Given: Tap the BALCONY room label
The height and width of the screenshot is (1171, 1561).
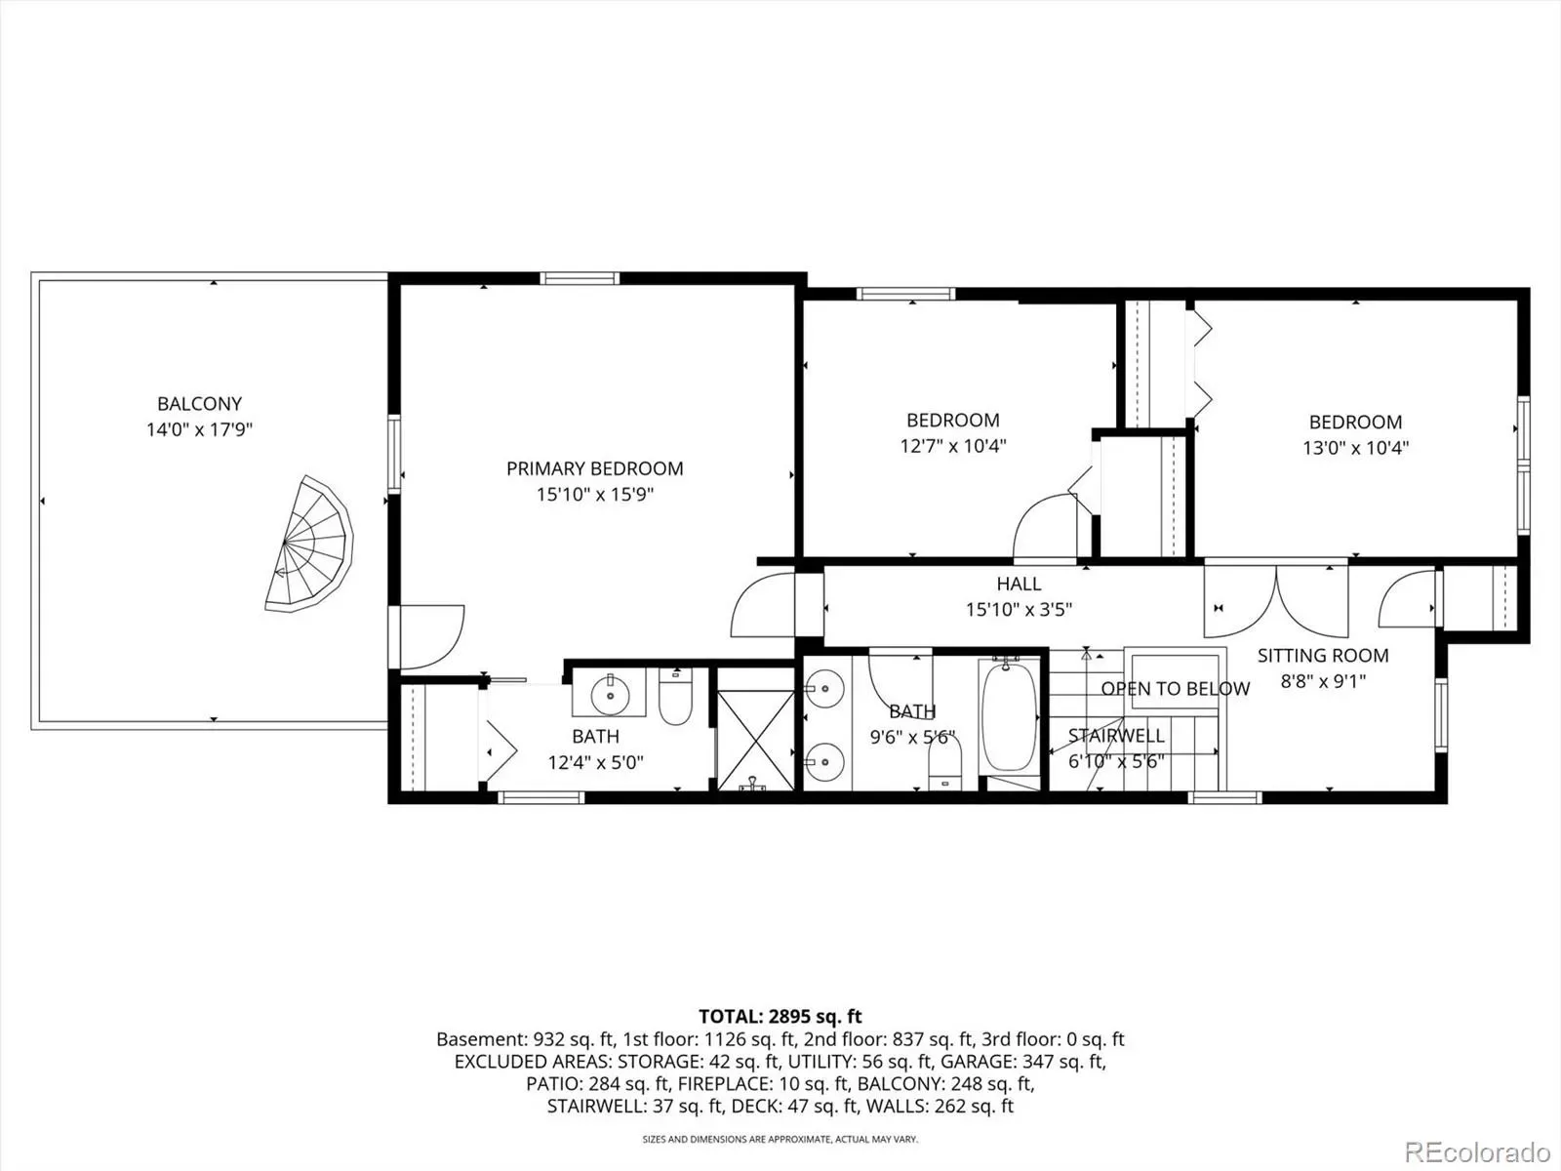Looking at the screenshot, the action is (199, 404).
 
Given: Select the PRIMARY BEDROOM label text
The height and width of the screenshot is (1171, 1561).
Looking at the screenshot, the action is (594, 468).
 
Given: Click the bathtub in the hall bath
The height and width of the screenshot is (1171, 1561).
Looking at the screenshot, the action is (1008, 716).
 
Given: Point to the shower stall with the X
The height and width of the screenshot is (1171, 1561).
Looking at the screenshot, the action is (755, 740).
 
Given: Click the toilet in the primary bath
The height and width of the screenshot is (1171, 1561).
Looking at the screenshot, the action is (675, 696).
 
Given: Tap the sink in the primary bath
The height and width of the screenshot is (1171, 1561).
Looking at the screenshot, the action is (610, 693).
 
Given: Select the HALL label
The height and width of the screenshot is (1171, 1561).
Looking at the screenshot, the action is (1019, 584).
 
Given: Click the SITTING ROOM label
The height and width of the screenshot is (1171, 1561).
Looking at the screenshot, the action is (1323, 656).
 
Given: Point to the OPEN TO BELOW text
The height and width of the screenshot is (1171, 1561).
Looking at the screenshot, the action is (1175, 688).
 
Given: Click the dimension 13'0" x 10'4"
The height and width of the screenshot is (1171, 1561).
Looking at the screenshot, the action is (1355, 448).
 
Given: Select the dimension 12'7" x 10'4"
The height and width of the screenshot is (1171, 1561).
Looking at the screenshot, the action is (953, 446).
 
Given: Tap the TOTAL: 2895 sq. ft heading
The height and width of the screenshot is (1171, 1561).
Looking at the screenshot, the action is (780, 1016).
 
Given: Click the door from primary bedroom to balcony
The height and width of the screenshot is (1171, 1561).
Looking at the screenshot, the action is (426, 637).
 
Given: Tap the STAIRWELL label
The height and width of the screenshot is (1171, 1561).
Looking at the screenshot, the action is (1116, 735).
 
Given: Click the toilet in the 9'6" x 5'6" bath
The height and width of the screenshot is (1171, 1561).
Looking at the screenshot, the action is (944, 763).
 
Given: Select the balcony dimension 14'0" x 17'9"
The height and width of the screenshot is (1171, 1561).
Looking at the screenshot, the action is (199, 429).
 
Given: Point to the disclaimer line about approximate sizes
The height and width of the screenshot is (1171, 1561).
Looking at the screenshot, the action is (780, 1139).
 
